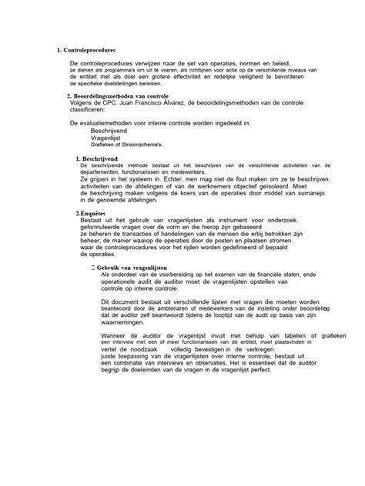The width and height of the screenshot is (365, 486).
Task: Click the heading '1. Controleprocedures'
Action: tap(87, 51)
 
